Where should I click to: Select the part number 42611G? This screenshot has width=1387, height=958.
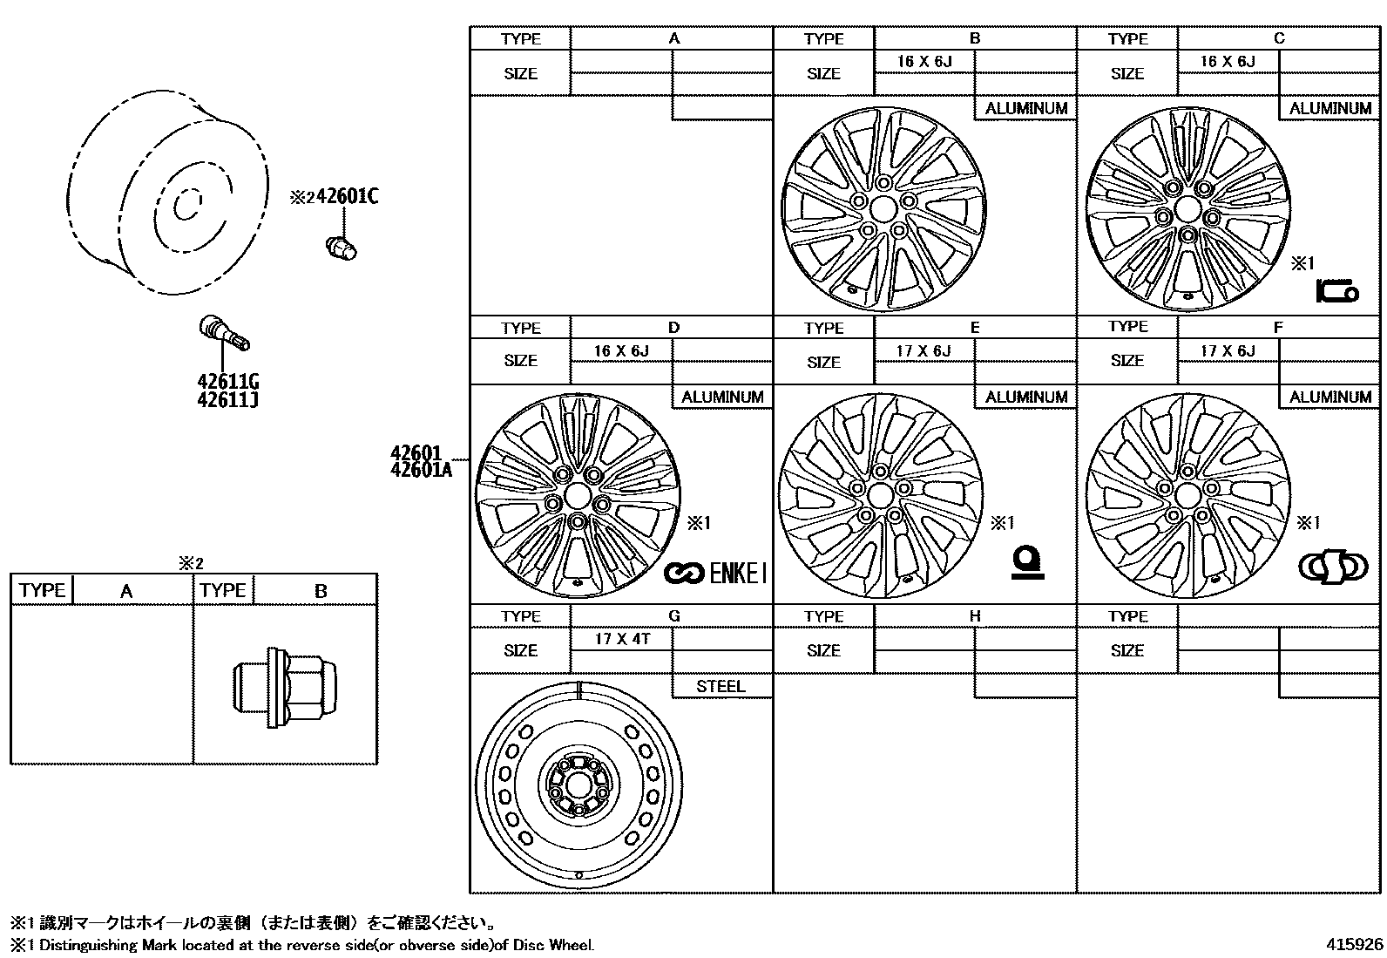(x=228, y=382)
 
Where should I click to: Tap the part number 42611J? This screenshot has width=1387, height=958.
(x=228, y=400)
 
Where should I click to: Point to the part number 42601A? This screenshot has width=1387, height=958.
(x=422, y=470)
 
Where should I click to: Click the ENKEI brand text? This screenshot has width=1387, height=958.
(x=738, y=573)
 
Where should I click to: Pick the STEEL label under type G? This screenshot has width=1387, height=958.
(x=721, y=686)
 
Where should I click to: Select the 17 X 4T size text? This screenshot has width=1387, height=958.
(x=621, y=639)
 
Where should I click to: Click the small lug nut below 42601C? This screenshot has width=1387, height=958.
(x=341, y=248)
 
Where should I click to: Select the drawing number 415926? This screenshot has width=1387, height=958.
(x=1354, y=944)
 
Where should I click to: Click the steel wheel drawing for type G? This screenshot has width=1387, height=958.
(x=578, y=784)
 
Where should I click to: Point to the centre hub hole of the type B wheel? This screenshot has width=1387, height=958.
(x=883, y=209)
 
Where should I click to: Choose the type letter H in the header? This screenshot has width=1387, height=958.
(x=974, y=616)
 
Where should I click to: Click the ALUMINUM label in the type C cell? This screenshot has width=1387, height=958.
(x=1329, y=108)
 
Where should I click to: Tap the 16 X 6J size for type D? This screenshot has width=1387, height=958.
(x=621, y=350)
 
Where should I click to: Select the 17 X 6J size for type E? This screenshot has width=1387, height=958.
(x=924, y=350)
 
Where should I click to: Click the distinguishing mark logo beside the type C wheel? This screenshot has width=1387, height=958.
(x=1336, y=290)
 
